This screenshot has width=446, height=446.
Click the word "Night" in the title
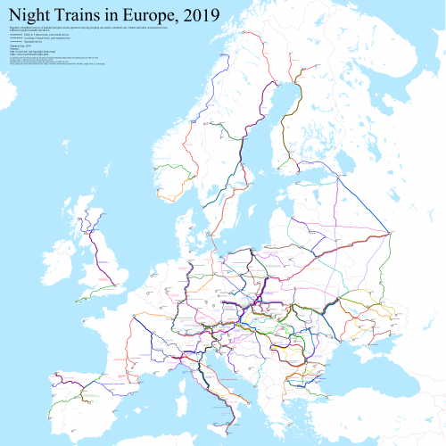pyautogui.click(x=35, y=14)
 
